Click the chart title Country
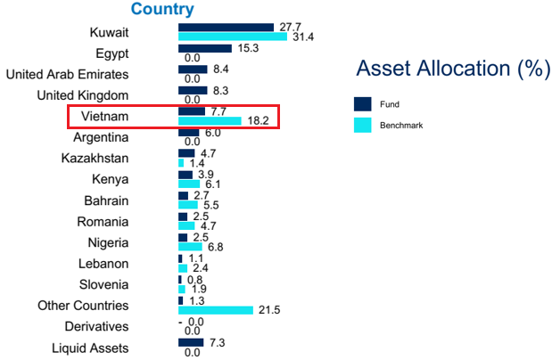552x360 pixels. pos(162,10)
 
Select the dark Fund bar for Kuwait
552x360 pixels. pos(226,28)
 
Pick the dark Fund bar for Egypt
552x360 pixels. pos(204,48)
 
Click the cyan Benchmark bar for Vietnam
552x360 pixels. pos(210,121)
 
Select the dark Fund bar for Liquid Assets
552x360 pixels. pos(191,342)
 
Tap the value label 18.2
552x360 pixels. pos(259,121)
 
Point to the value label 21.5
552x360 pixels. pos(269,310)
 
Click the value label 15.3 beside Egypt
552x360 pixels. pos(247,48)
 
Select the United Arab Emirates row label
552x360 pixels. pos(68,74)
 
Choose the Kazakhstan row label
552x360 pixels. pos(95,159)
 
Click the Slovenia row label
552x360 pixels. pos(103,285)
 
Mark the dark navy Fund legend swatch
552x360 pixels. pos(363,103)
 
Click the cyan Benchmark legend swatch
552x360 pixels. pos(363,126)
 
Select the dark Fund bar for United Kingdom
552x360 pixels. pos(192,90)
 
